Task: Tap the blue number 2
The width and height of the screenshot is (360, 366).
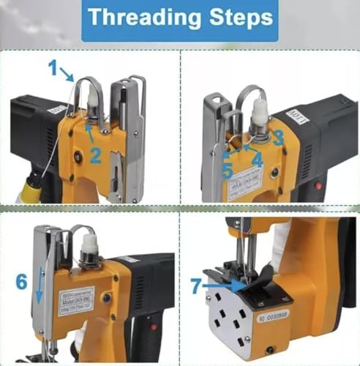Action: [x=95, y=154]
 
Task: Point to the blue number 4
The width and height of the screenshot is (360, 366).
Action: [x=257, y=155]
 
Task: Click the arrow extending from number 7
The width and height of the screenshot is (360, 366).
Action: [x=220, y=285]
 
